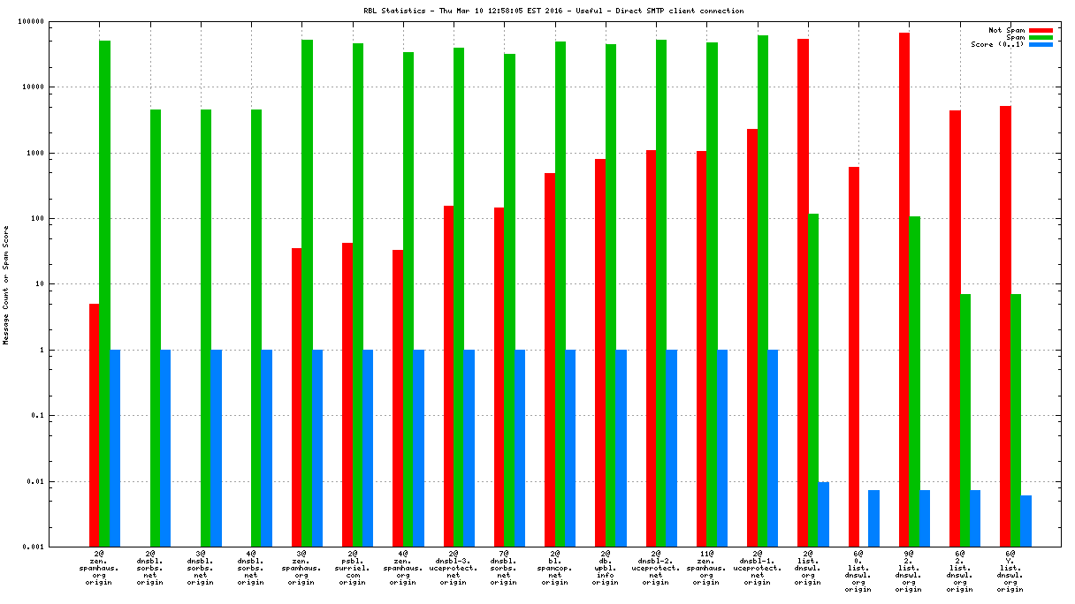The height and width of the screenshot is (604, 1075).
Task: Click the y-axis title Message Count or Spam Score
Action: point(6,284)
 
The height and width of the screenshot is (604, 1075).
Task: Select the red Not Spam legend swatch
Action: point(1041,30)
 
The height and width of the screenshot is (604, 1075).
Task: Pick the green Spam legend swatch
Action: point(1041,37)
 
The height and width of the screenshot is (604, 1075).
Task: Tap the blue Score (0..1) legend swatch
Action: point(1041,44)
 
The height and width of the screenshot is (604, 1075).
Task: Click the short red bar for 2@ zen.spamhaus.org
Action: point(94,425)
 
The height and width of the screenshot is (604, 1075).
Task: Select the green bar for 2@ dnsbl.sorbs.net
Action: point(155,328)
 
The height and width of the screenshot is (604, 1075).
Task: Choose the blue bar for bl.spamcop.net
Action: point(570,448)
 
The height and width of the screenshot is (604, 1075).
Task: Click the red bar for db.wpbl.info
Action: point(600,352)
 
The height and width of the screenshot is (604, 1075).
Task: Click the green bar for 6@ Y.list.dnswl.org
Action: point(1016,420)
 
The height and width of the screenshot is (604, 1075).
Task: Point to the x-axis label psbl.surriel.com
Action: point(353,570)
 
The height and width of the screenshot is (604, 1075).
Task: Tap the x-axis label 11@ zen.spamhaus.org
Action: point(706,570)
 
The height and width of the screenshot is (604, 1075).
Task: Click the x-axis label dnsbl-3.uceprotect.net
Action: point(454,570)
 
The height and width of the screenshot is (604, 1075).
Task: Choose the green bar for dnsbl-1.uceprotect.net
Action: point(763,291)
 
